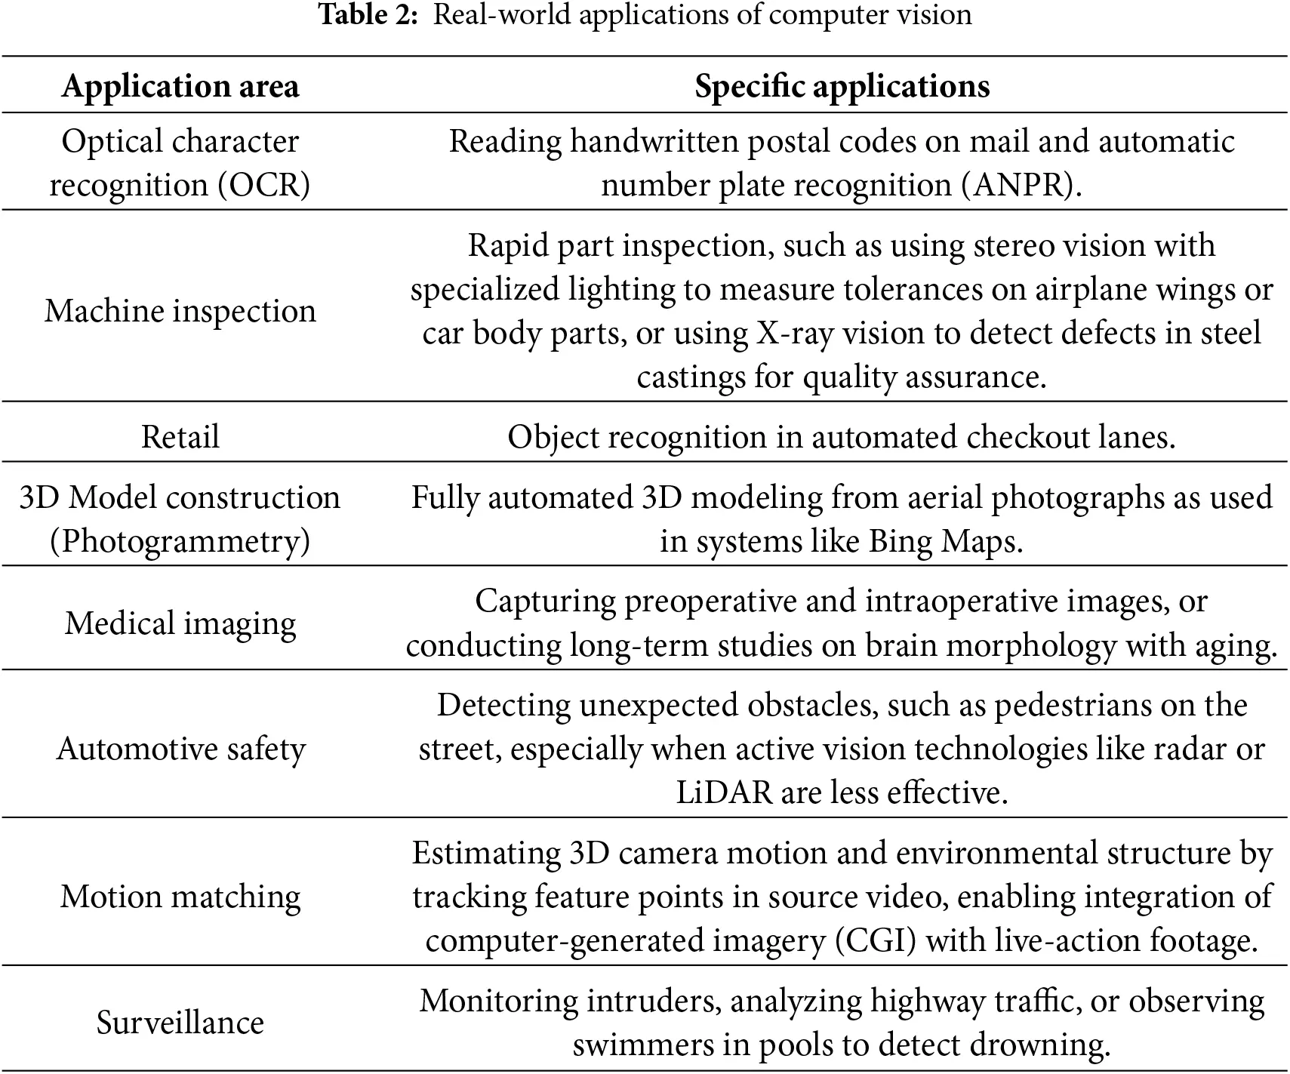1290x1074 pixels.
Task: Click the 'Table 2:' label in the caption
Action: tap(368, 14)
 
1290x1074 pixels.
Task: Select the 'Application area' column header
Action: tap(180, 86)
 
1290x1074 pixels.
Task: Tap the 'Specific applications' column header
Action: tap(842, 86)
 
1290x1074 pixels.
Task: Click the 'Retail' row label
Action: tap(180, 437)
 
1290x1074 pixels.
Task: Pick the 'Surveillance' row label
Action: tap(180, 1023)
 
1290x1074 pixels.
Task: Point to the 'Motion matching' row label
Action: tap(180, 897)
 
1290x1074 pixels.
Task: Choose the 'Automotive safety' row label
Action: tap(180, 749)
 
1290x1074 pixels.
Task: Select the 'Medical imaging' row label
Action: tap(180, 623)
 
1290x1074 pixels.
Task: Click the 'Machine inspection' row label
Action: tap(180, 311)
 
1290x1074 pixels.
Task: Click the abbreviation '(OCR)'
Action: tap(264, 186)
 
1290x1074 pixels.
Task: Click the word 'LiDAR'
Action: tap(724, 793)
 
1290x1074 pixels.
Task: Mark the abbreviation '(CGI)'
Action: tap(875, 941)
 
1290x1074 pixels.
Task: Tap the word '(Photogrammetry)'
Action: tap(180, 542)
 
